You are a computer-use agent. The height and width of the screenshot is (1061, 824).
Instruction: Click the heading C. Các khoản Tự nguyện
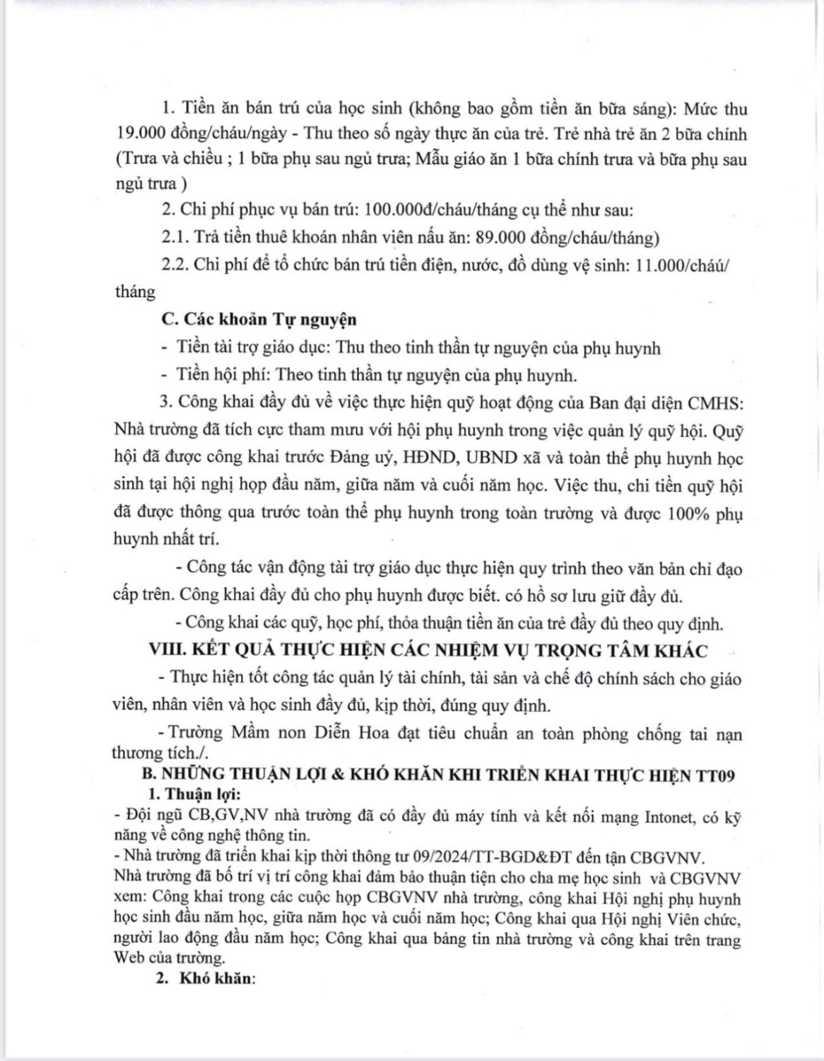pos(259,319)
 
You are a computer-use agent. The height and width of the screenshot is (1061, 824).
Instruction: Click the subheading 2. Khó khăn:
pos(205,979)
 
